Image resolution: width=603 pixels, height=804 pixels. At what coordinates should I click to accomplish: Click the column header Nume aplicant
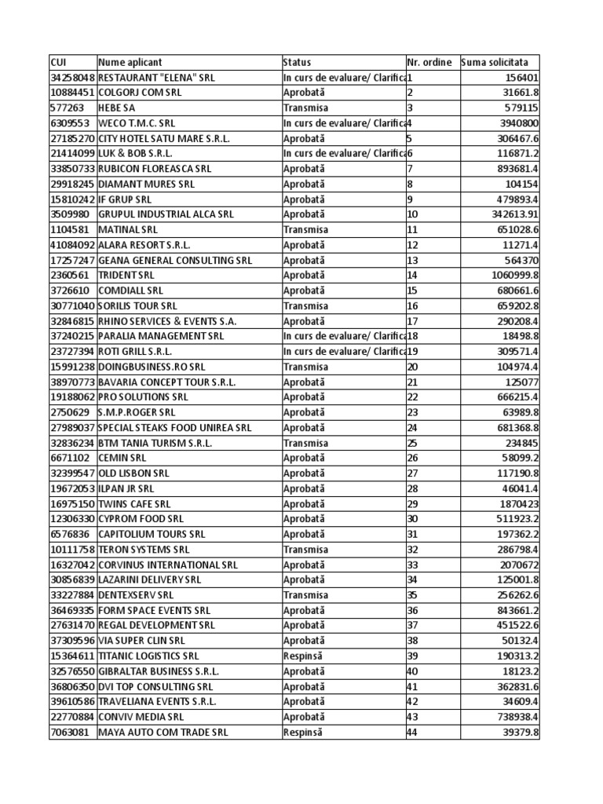coord(130,62)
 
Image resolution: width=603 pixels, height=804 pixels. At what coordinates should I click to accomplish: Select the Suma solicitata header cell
coord(495,62)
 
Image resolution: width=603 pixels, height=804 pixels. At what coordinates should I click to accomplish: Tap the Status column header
coord(297,62)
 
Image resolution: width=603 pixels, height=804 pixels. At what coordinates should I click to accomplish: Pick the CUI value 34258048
coord(72,78)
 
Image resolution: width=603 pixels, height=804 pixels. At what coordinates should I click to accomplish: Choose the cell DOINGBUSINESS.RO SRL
coord(152,367)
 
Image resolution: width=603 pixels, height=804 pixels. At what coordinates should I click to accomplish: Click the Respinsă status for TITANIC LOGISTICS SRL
coord(302,656)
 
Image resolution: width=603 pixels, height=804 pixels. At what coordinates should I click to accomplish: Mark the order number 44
coord(412,732)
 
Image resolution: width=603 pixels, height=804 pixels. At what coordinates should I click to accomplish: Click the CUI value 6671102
coord(68,458)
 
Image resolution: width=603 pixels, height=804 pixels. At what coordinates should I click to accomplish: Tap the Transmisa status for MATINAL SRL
coord(305,230)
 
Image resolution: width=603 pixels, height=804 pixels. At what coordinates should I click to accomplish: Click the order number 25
coord(412,443)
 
